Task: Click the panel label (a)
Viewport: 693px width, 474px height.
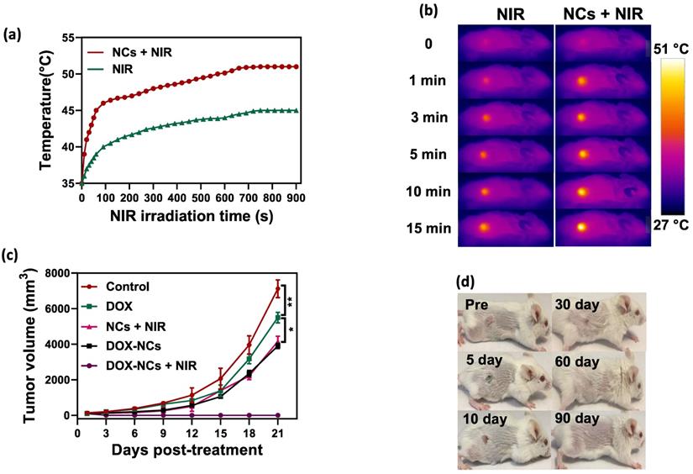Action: click(x=13, y=34)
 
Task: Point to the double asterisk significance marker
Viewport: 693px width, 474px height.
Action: click(x=290, y=301)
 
